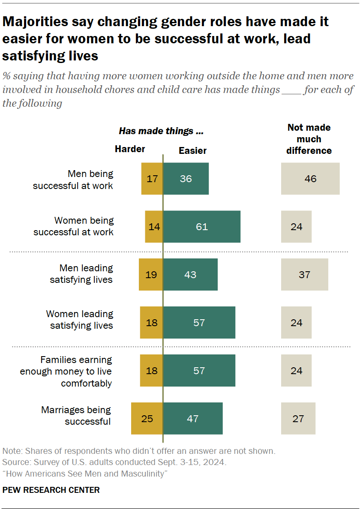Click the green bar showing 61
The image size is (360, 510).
(201, 227)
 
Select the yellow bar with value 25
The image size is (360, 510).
(147, 418)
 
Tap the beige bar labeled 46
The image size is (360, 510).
(310, 179)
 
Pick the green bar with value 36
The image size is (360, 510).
(186, 179)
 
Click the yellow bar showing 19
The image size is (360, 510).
(151, 275)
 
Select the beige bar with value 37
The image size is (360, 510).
(304, 275)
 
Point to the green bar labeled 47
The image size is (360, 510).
(193, 418)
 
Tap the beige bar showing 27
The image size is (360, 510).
(298, 418)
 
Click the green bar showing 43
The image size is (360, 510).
(190, 275)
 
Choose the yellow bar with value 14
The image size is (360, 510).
(154, 227)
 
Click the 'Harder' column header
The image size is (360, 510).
(130, 149)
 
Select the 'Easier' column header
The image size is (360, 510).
(192, 150)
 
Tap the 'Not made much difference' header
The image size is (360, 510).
(309, 139)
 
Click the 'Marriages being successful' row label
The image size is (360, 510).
(76, 416)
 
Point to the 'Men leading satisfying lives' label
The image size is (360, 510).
(81, 274)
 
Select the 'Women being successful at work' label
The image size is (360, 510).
(74, 226)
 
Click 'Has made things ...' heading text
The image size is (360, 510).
(161, 131)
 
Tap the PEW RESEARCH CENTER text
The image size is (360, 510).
(51, 490)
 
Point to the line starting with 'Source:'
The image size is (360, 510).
(114, 462)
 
